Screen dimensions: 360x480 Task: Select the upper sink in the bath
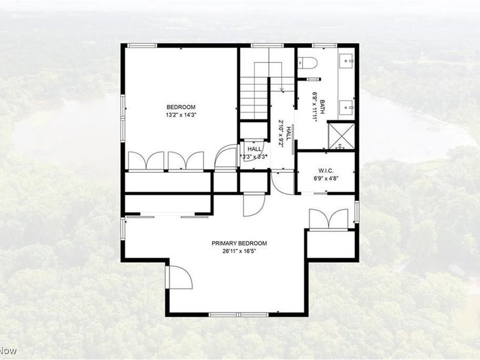pyautogui.click(x=347, y=61)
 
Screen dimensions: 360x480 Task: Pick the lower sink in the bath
pyautogui.click(x=347, y=108)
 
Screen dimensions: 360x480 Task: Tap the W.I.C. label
pyautogui.click(x=326, y=170)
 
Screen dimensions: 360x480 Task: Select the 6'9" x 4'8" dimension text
pyautogui.click(x=326, y=178)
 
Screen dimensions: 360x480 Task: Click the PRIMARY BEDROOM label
pyautogui.click(x=239, y=244)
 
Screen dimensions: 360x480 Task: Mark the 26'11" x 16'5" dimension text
pyautogui.click(x=239, y=251)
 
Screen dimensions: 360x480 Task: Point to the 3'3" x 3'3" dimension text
pyautogui.click(x=254, y=157)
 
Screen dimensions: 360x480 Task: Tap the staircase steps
pyautogui.click(x=253, y=90)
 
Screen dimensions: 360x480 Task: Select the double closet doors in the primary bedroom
pyautogui.click(x=329, y=219)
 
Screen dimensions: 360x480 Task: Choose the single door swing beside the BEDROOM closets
pyautogui.click(x=226, y=157)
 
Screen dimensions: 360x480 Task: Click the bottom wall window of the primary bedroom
pyautogui.click(x=230, y=314)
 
